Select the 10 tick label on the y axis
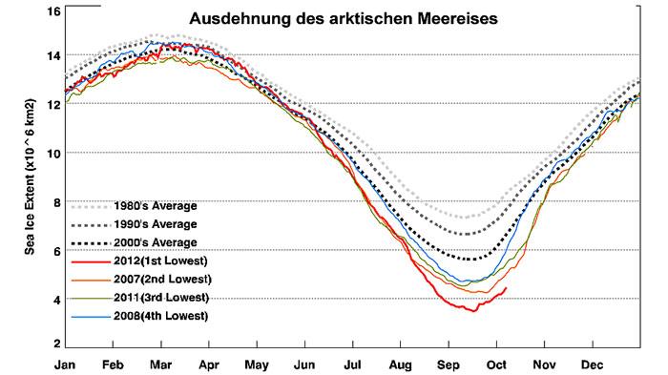53,153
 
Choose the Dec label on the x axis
592,364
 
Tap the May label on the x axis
256,364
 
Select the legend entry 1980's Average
155,205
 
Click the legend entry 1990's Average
155,223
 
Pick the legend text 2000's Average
155,241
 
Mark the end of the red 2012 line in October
506,287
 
